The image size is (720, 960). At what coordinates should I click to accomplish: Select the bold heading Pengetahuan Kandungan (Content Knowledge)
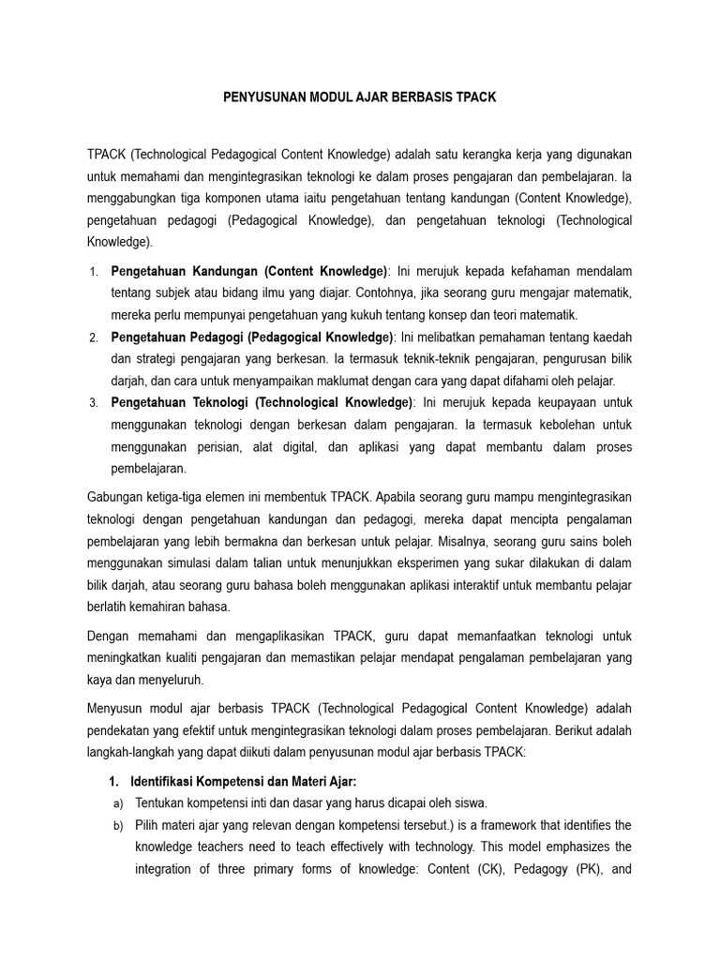coord(248,272)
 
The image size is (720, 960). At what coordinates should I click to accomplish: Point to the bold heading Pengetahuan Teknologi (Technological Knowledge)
coord(262,402)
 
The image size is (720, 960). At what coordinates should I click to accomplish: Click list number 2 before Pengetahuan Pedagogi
coord(94,337)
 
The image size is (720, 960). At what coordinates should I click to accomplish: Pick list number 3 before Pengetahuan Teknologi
coord(94,403)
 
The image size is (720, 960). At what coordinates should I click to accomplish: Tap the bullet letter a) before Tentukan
coord(117,803)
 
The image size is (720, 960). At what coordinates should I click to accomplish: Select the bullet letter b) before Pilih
coord(117,825)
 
